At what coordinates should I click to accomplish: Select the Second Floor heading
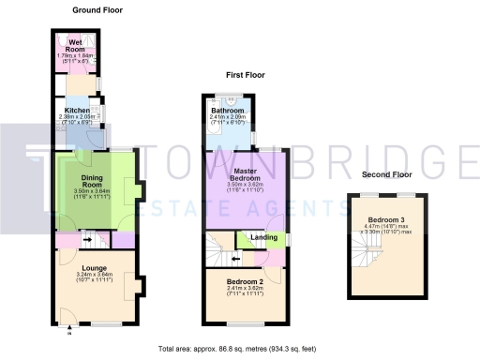click(388, 174)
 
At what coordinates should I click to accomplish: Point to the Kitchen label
click(77, 110)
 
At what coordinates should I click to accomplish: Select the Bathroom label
click(228, 110)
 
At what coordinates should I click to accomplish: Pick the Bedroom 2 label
click(243, 280)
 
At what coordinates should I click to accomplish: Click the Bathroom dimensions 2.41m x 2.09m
click(228, 116)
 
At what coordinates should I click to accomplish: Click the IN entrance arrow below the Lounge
click(69, 329)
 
